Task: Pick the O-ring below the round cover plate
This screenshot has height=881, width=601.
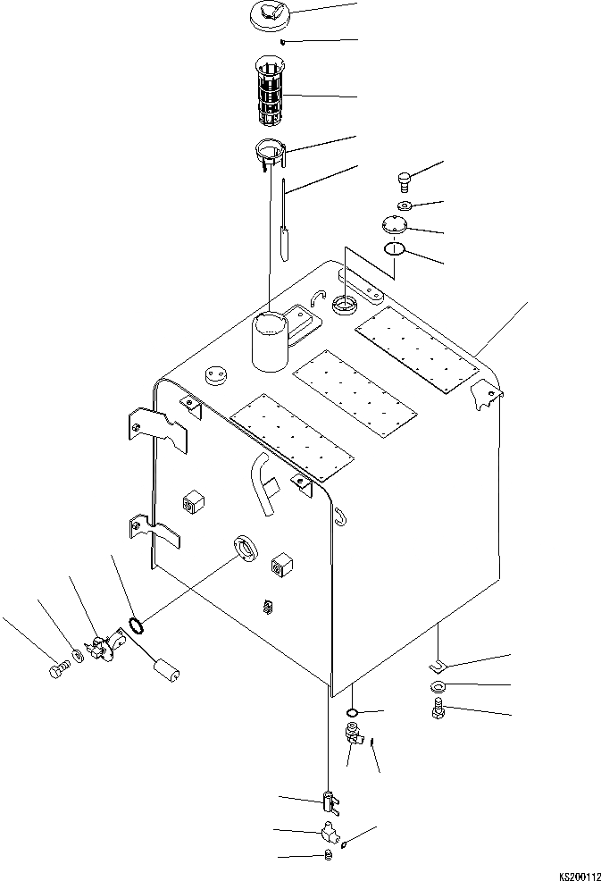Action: tap(394, 249)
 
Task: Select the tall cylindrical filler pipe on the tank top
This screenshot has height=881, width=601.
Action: tap(269, 341)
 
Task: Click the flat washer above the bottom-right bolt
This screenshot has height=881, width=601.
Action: tap(437, 687)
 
